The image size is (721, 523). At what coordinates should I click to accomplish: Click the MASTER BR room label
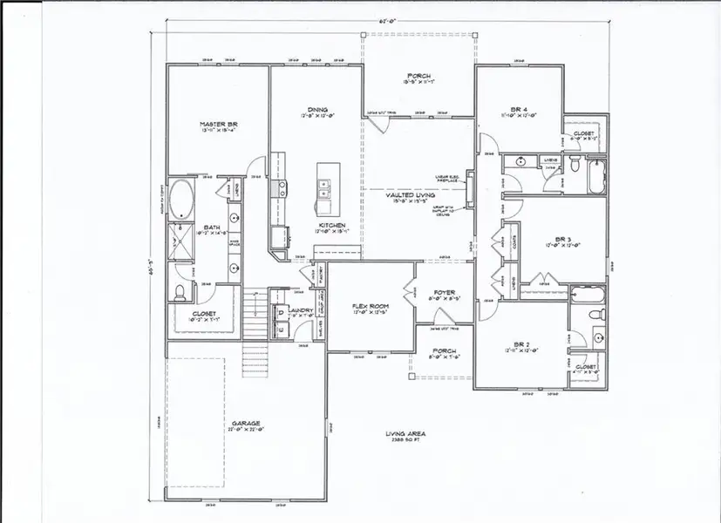218,126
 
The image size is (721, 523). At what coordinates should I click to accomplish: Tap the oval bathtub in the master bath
182,200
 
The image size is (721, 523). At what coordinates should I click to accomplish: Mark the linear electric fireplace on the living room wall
470,185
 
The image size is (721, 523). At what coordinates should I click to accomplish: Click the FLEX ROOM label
370,307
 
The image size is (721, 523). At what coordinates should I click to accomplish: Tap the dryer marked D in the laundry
282,329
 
